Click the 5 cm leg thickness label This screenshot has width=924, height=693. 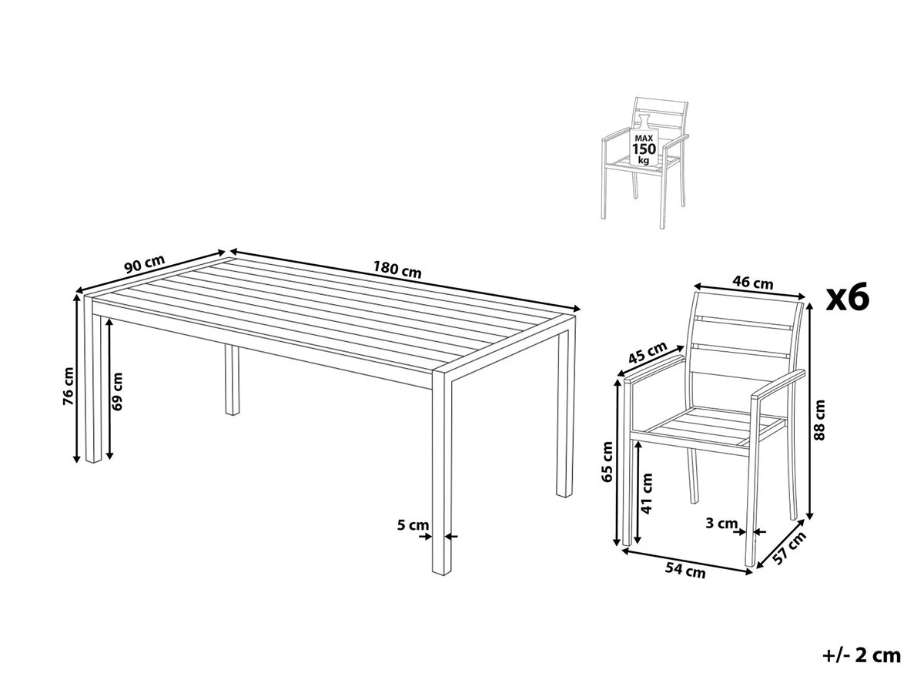point(412,525)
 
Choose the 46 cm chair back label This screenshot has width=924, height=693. point(752,283)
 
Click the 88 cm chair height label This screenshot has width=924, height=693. point(820,420)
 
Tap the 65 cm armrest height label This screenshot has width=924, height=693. point(608,462)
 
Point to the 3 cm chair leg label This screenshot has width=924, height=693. point(721,524)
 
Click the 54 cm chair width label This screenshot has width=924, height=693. point(685,571)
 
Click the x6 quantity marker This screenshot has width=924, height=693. point(847,297)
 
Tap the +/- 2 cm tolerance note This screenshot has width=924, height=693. point(861,655)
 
